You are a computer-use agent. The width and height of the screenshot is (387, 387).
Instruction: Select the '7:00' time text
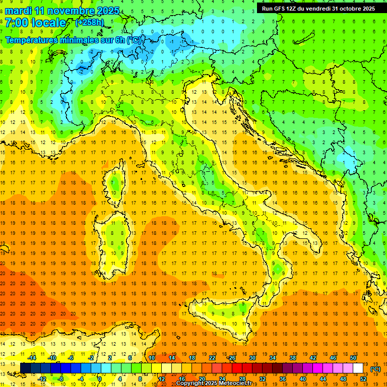coord(16,23)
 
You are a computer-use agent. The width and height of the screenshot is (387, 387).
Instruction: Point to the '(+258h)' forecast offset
coord(89,23)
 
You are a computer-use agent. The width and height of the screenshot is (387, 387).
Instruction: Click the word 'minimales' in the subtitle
coord(72,40)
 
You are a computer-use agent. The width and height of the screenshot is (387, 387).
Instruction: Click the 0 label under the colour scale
coord(99,379)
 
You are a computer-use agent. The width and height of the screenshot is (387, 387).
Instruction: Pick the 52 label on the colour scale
coord(363,379)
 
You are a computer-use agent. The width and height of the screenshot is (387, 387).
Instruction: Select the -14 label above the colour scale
coord(32,358)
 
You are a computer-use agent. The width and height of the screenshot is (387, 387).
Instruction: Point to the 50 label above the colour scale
coord(353,358)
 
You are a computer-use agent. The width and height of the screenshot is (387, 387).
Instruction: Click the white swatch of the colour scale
coord(358,368)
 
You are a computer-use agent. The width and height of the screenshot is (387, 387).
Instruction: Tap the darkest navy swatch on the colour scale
coord(25,368)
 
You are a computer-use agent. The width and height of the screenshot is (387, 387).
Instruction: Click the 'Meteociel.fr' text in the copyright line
coord(231,383)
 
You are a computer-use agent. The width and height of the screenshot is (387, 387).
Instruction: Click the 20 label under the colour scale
coord(202,379)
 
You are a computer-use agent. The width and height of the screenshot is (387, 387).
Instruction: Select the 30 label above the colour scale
coord(252,358)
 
